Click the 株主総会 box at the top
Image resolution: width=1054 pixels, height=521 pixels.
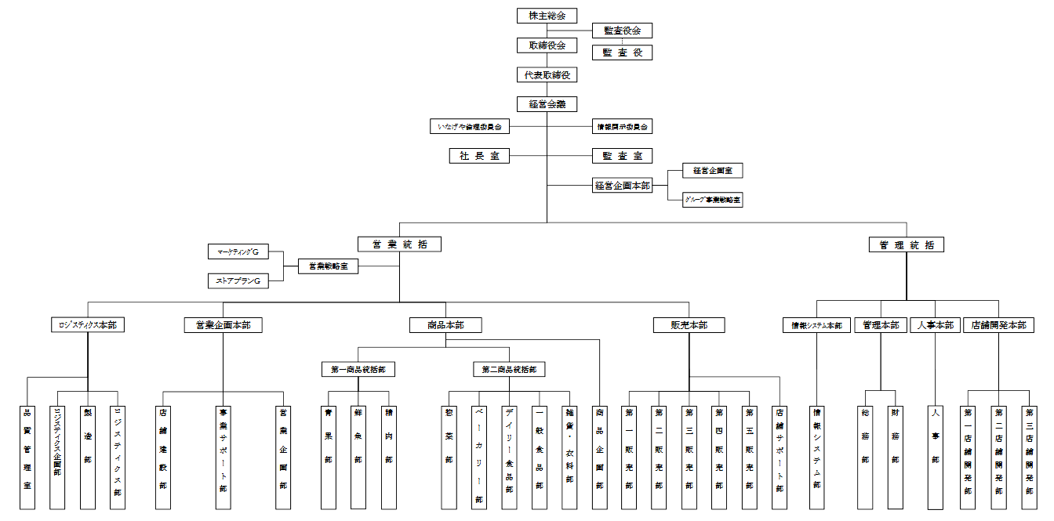pyautogui.click(x=547, y=16)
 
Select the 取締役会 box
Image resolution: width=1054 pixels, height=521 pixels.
pyautogui.click(x=547, y=45)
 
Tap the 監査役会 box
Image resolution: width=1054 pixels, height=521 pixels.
pyautogui.click(x=622, y=31)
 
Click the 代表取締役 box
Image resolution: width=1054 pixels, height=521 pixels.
pyautogui.click(x=547, y=75)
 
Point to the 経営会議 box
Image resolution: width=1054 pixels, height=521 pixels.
pyautogui.click(x=547, y=104)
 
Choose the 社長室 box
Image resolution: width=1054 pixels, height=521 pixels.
pyautogui.click(x=478, y=156)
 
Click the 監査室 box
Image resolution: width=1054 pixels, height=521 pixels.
pyautogui.click(x=622, y=156)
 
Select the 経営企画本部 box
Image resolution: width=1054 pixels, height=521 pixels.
pyautogui.click(x=622, y=186)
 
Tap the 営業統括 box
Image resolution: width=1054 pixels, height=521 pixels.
pyautogui.click(x=399, y=244)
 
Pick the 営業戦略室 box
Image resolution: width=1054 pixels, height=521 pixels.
pyautogui.click(x=328, y=266)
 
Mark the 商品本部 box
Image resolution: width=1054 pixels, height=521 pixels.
pyautogui.click(x=445, y=325)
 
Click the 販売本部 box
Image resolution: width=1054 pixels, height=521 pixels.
pyautogui.click(x=689, y=325)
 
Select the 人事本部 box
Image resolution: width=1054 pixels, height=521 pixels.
pyautogui.click(x=936, y=325)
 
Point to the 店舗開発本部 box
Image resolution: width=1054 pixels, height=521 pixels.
pyautogui.click(x=998, y=325)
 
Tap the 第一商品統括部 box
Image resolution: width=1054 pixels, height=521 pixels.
pyautogui.click(x=358, y=369)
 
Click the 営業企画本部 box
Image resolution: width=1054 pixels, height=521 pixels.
pyautogui.click(x=224, y=325)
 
